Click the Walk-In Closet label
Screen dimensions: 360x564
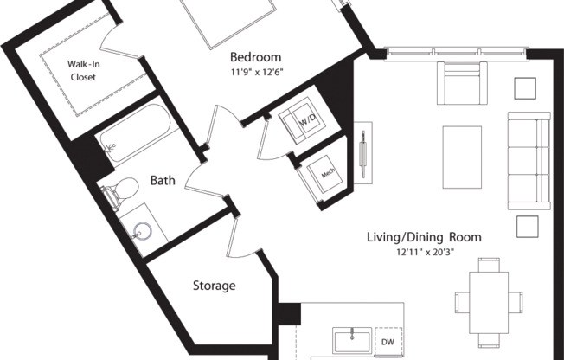point(83,69)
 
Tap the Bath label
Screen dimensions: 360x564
point(163,181)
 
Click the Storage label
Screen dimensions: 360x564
point(214,286)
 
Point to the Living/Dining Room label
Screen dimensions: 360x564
point(438,237)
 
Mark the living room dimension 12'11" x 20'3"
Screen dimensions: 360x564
point(438,252)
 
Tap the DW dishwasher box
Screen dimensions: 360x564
point(389,342)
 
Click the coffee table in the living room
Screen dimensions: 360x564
point(462,157)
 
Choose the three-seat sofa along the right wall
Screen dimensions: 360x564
point(528,160)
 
